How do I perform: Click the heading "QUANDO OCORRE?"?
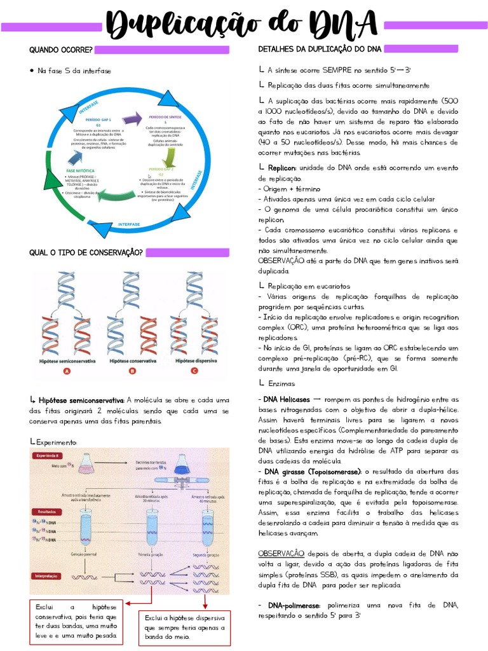61,50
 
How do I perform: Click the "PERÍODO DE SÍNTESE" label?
165,118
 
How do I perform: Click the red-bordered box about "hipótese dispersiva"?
184,627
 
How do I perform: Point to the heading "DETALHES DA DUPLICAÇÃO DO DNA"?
320,50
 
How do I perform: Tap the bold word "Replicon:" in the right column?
282,168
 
